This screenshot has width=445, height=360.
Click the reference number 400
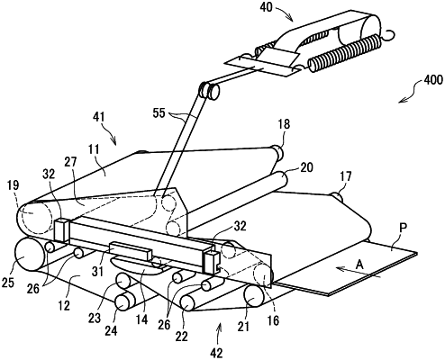[x=433, y=80]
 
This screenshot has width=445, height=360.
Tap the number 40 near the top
[x=266, y=6]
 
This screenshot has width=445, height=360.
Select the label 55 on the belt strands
[x=159, y=113]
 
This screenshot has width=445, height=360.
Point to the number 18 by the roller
[x=284, y=123]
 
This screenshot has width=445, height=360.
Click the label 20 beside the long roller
[x=306, y=167]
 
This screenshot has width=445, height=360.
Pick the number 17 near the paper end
[x=346, y=176]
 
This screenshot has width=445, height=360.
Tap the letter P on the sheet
[x=403, y=227]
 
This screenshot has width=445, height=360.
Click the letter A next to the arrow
[x=359, y=265]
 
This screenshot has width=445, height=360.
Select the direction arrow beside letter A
[x=359, y=273]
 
